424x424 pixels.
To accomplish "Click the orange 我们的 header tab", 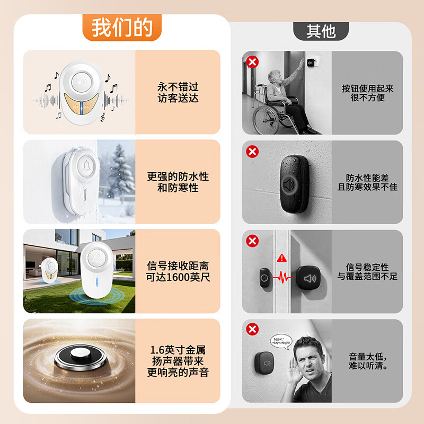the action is [122, 28].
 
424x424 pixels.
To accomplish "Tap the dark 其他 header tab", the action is [321, 31].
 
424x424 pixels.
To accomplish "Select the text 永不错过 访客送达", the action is [178, 92].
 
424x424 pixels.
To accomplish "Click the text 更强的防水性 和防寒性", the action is [178, 182].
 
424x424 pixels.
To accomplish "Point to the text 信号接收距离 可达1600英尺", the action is [178, 271].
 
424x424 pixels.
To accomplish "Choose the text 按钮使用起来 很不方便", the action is [367, 93].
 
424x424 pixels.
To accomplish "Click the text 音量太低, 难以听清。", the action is [368, 361].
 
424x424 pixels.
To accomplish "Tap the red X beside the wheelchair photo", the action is [252, 62].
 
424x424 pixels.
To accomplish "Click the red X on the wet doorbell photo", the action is [252, 152].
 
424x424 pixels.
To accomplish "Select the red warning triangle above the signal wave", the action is [282, 258].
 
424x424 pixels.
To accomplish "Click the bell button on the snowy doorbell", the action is [86, 166].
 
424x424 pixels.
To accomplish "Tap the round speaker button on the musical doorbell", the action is [82, 82].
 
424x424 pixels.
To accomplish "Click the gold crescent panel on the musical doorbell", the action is [82, 104].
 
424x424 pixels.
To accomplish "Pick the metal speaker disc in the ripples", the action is [81, 357].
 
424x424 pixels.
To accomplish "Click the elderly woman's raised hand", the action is [300, 64].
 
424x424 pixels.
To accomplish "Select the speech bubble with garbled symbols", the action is [281, 342].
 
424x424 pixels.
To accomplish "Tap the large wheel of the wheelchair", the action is [268, 120].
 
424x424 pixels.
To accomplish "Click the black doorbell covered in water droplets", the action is [294, 184].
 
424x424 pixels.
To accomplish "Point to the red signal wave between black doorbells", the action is [282, 277].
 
